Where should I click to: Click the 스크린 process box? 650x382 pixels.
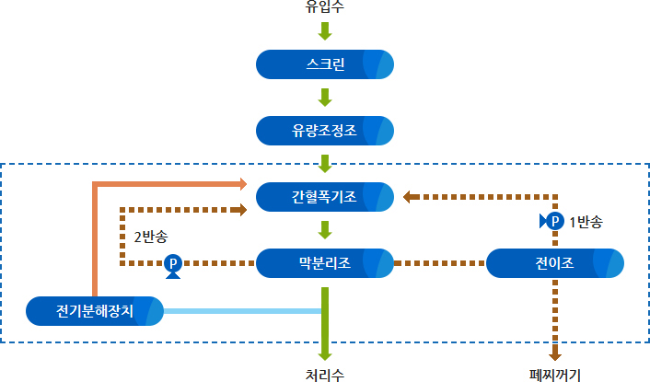325,64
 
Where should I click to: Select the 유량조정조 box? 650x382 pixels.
325,131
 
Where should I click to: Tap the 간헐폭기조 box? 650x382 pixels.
325,197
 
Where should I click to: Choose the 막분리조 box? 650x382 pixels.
325,263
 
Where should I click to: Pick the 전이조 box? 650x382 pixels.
554,263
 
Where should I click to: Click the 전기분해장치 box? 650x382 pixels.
95,311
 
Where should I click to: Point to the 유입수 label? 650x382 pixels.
325,6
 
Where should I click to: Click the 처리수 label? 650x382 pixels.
325,376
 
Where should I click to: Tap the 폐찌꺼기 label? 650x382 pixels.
554,376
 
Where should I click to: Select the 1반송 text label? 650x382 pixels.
586,222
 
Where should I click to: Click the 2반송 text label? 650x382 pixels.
151,237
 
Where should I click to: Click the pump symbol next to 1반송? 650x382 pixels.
551,221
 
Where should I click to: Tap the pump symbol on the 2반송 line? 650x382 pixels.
173,266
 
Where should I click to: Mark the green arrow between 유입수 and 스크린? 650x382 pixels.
325,31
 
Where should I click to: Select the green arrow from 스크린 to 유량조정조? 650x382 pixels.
325,98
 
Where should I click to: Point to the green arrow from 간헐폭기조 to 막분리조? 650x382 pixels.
325,230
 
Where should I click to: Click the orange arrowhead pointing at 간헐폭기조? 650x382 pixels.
243,183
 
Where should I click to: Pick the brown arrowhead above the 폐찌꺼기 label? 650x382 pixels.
555,354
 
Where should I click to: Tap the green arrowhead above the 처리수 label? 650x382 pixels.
325,355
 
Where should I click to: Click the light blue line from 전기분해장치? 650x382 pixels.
242,311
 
